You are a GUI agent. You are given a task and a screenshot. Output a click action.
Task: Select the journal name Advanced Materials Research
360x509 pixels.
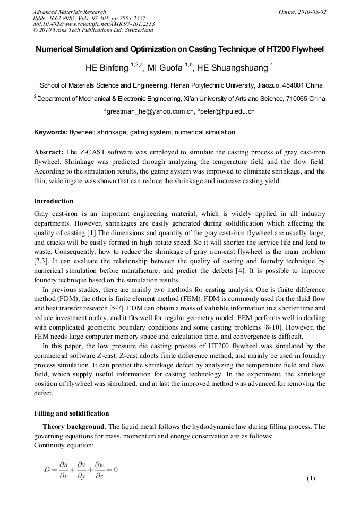69,12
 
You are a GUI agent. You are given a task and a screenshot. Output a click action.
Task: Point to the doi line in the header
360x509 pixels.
93,24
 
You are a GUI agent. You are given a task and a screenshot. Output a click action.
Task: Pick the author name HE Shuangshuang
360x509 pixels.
233,68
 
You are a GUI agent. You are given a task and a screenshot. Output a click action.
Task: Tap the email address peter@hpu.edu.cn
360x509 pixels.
228,112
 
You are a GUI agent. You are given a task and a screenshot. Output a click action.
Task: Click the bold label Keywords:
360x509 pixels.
51,132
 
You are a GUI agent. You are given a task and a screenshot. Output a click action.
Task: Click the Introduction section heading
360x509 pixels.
54,201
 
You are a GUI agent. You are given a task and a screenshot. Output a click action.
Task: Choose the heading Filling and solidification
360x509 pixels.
71,413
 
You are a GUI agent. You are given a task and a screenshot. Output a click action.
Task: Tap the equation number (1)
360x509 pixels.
311,478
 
